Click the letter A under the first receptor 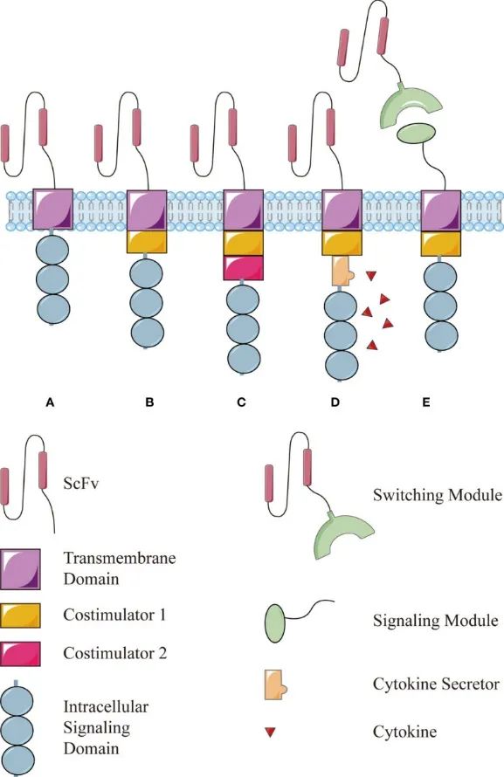(x=50, y=402)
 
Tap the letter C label (x=241, y=402)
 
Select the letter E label (x=426, y=402)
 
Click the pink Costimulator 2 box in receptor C (x=243, y=268)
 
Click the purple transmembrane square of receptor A (x=53, y=210)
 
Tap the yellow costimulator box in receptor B (x=148, y=242)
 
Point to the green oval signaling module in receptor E (x=417, y=134)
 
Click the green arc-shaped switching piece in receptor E (x=410, y=106)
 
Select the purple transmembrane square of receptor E (x=440, y=210)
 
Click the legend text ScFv (x=81, y=483)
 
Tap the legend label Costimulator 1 (x=114, y=615)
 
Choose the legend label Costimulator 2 (x=115, y=653)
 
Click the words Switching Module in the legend (x=438, y=495)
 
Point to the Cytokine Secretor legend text (x=436, y=684)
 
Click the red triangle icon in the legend (x=270, y=732)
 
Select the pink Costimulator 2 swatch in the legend (x=20, y=654)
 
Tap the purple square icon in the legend (x=20, y=569)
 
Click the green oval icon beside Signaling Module (x=275, y=622)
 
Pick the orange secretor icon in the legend (x=276, y=684)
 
